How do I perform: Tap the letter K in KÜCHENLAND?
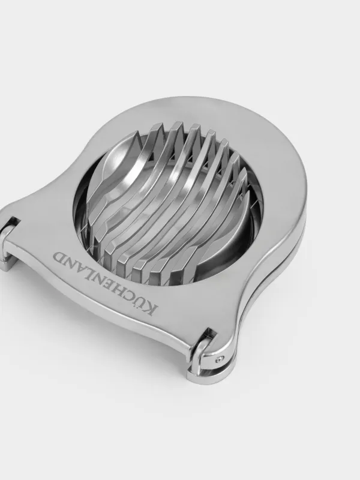point(152,310)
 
